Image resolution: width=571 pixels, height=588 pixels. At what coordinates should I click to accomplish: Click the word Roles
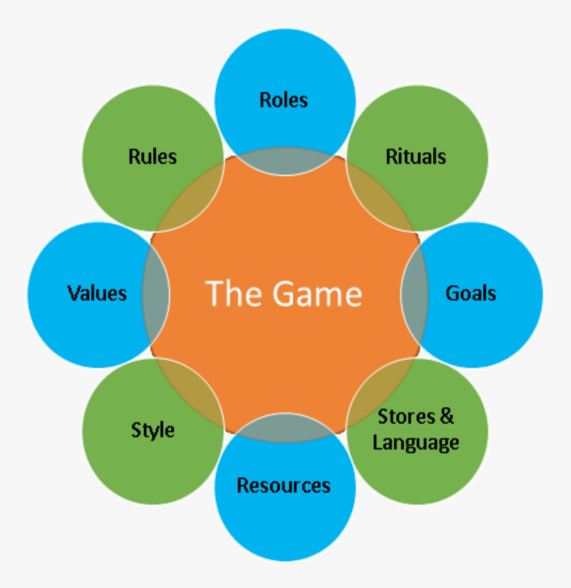pos(284,100)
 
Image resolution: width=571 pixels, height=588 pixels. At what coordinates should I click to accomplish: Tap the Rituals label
pos(416,157)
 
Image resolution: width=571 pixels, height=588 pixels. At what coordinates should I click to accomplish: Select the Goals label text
pos(471,293)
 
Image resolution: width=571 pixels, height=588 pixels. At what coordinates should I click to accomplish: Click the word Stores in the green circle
pos(406,417)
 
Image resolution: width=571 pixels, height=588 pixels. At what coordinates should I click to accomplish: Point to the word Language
pos(416,442)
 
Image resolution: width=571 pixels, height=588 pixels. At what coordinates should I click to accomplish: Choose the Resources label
pos(284,485)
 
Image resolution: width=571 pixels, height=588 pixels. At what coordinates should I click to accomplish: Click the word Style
pos(153,430)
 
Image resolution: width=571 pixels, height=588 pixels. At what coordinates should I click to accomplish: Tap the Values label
pos(97,293)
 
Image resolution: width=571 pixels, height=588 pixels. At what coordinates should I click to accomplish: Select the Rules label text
pos(153,157)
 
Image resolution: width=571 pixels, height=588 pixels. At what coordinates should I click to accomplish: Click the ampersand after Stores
pos(447,417)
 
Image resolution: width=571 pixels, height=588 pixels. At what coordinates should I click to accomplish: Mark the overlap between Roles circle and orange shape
pos(285,161)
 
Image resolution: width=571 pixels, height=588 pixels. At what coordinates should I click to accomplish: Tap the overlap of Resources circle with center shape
pos(285,427)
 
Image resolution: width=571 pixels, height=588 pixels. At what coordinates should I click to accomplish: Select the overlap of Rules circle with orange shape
pos(193,199)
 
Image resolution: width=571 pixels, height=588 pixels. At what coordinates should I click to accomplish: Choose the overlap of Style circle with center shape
pos(193,389)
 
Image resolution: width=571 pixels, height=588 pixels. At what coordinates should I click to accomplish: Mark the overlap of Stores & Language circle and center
pos(377,389)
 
